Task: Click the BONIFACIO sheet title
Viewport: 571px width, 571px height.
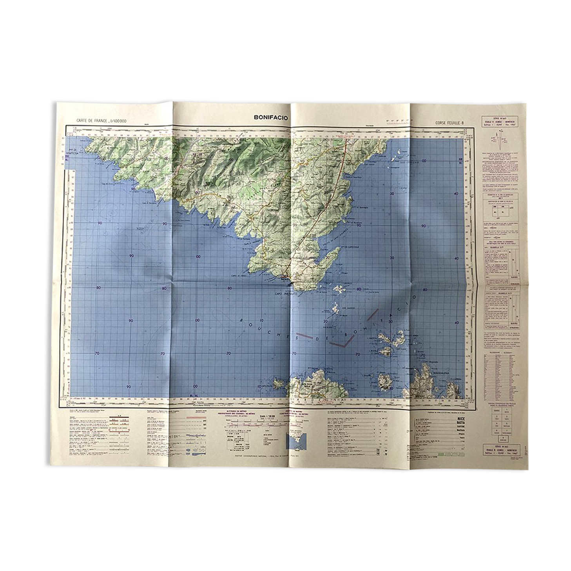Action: tap(271, 117)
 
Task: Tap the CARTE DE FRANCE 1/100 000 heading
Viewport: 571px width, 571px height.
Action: tap(96, 121)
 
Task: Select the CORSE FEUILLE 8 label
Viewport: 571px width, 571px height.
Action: tap(450, 123)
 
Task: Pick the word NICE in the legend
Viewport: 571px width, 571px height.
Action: tap(457, 419)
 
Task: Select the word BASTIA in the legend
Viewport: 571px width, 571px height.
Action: tap(457, 424)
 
